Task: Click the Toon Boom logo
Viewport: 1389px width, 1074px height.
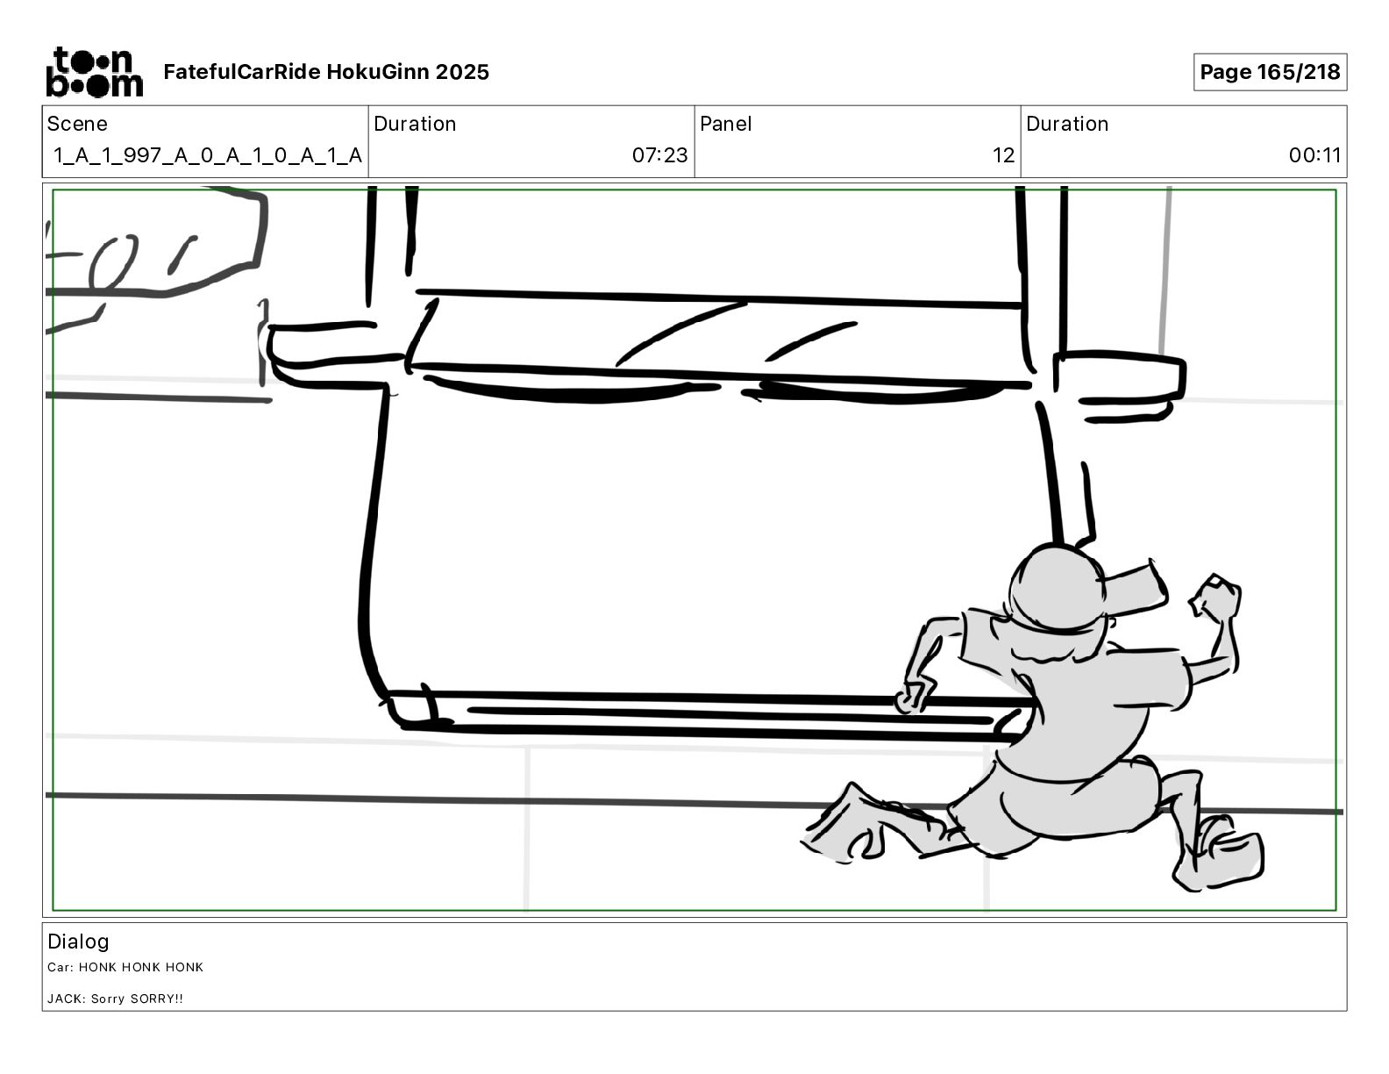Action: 95,72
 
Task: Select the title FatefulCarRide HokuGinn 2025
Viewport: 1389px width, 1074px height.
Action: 326,72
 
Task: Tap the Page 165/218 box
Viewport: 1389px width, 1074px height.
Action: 1270,72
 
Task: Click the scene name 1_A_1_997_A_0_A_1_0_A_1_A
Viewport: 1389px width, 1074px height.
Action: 208,154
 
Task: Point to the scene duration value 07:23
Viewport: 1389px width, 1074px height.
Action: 659,154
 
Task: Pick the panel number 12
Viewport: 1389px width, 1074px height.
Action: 1003,154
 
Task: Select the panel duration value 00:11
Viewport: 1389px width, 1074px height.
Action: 1314,154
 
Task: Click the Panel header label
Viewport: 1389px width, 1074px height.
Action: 725,124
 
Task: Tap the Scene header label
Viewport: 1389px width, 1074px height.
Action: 77,124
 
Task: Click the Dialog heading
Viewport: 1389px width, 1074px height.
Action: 78,941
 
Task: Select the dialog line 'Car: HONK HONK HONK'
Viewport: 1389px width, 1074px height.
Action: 125,967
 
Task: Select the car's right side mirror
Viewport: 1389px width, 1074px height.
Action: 1119,383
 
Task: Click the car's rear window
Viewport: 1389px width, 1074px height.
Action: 716,333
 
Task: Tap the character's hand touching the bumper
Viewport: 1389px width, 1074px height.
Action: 913,698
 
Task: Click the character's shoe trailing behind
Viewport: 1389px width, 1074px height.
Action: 844,825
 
